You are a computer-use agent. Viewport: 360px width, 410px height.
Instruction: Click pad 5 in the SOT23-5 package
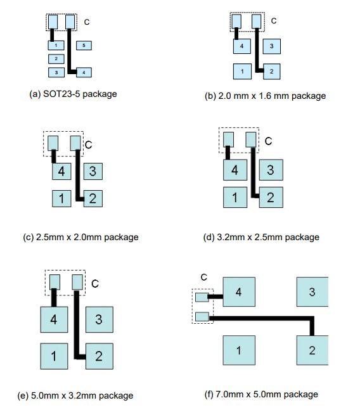(84, 46)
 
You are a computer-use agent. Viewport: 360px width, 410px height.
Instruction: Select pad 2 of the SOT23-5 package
(56, 59)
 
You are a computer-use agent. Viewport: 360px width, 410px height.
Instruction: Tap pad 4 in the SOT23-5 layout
(84, 72)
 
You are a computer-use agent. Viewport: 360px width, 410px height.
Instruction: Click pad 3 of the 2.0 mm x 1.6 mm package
(272, 46)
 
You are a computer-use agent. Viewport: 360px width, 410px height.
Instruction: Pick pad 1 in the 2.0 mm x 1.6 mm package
(242, 72)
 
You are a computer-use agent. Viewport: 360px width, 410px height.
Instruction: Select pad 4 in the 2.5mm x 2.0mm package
(61, 171)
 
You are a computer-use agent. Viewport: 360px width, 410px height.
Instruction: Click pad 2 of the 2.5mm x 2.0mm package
(93, 199)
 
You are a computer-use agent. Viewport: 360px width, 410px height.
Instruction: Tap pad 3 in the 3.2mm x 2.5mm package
(271, 170)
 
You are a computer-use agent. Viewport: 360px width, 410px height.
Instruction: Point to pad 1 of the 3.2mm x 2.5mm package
(235, 198)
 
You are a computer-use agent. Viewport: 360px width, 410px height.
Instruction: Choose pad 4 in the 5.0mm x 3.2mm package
(54, 319)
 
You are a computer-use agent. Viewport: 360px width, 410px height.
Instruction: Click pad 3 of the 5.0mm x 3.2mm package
(100, 319)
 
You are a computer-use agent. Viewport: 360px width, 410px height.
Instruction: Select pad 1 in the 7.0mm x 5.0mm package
(239, 350)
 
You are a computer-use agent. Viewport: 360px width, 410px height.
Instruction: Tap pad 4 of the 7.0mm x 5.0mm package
(239, 291)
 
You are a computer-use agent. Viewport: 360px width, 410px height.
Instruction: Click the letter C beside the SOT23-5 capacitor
(87, 22)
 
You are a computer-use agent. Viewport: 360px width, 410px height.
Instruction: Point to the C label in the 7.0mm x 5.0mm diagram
(204, 277)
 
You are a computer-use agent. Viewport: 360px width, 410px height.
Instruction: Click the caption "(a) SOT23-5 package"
(73, 94)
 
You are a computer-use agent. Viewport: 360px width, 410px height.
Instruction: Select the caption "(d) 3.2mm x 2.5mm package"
(261, 237)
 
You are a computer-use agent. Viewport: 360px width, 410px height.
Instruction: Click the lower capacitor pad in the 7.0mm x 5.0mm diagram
(202, 317)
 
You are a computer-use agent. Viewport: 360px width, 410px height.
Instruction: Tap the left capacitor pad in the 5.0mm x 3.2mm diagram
(55, 282)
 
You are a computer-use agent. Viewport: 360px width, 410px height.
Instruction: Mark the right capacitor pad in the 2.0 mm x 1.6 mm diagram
(256, 22)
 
